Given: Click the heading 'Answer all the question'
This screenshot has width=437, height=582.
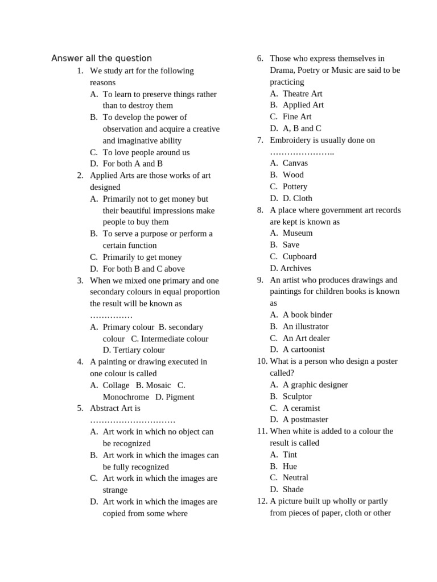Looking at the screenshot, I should (101, 58).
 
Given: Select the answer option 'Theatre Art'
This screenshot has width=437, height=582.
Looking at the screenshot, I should (302, 93).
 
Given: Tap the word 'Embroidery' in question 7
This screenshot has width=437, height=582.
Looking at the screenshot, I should (290, 140).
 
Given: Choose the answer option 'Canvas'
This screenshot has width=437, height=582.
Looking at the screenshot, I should (295, 163).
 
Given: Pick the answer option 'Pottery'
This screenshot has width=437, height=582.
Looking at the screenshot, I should (295, 186).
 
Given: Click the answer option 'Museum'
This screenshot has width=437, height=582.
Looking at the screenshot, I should (297, 233).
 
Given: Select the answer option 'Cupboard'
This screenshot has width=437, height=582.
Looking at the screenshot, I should (299, 256).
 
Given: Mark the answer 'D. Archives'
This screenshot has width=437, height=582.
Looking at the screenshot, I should (290, 268).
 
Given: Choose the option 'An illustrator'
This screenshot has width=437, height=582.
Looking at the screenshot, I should (306, 326).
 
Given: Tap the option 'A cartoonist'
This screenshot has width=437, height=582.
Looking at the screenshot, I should (304, 350).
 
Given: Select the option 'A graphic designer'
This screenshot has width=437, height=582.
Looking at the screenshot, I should (315, 385).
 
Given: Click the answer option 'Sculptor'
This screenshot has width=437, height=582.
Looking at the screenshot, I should (297, 396).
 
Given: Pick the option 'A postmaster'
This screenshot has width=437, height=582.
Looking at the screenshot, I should (305, 419).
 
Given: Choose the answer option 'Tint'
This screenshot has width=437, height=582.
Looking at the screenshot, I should (290, 455).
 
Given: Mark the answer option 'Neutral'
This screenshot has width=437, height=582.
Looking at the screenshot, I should (295, 477).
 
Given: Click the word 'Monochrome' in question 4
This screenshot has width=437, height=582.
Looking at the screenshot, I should (126, 397).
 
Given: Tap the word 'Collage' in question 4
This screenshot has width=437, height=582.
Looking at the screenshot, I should (116, 385).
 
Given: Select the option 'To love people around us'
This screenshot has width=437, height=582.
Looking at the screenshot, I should (146, 152).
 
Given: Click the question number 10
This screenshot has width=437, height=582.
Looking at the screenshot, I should (262, 361).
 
